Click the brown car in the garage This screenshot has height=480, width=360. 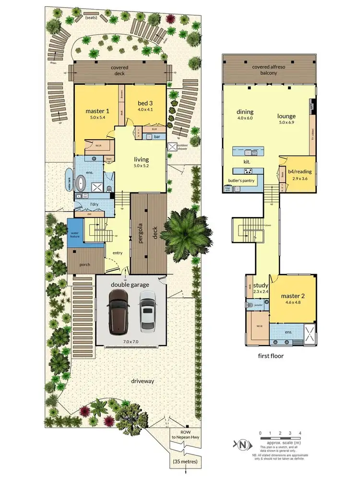click(118, 312)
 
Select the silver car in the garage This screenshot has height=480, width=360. click(147, 312)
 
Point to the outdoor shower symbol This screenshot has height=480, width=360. click(172, 148)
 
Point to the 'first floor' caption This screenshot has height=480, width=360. click(271, 356)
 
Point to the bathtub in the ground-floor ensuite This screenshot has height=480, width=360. click(82, 183)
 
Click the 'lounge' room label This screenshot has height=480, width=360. click(286, 116)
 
